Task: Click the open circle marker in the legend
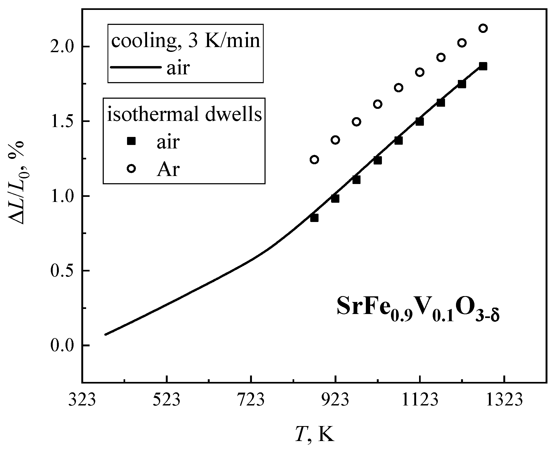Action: pos(132,169)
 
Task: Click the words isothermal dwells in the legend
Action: pos(184,115)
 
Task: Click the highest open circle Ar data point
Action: pos(483,28)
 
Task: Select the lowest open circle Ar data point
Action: pos(314,160)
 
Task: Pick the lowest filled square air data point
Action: pos(314,218)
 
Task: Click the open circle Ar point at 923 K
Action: pos(335,140)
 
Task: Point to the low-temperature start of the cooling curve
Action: pos(106,334)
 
